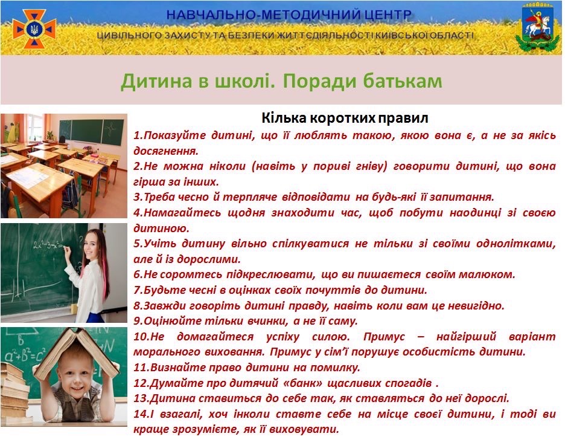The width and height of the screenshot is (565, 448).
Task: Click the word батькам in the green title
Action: [403, 80]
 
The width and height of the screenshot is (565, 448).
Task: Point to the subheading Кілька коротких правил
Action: [345, 118]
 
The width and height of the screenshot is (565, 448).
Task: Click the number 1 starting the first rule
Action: [137, 135]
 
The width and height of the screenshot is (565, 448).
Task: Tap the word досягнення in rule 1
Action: [166, 151]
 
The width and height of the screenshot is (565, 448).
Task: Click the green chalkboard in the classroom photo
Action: [92, 131]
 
